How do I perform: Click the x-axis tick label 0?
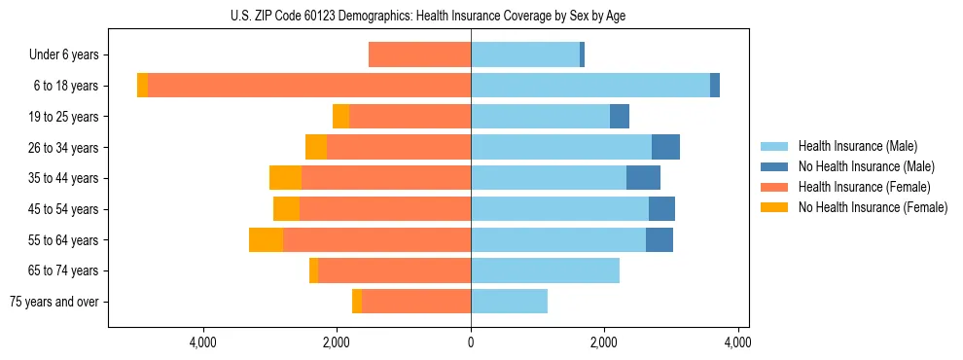471,342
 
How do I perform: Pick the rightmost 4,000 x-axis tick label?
737,342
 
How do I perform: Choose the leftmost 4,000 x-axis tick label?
203,342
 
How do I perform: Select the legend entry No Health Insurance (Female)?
873,207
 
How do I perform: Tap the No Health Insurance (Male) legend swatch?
775,166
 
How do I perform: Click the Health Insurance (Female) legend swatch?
775,187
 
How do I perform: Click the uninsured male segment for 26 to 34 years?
665,147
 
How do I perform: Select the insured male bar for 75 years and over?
509,302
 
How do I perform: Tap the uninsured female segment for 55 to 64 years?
266,239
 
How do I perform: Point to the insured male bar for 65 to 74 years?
545,270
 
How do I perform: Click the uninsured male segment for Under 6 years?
582,54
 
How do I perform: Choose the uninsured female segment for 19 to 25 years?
340,117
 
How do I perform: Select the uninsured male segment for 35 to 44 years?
643,178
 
